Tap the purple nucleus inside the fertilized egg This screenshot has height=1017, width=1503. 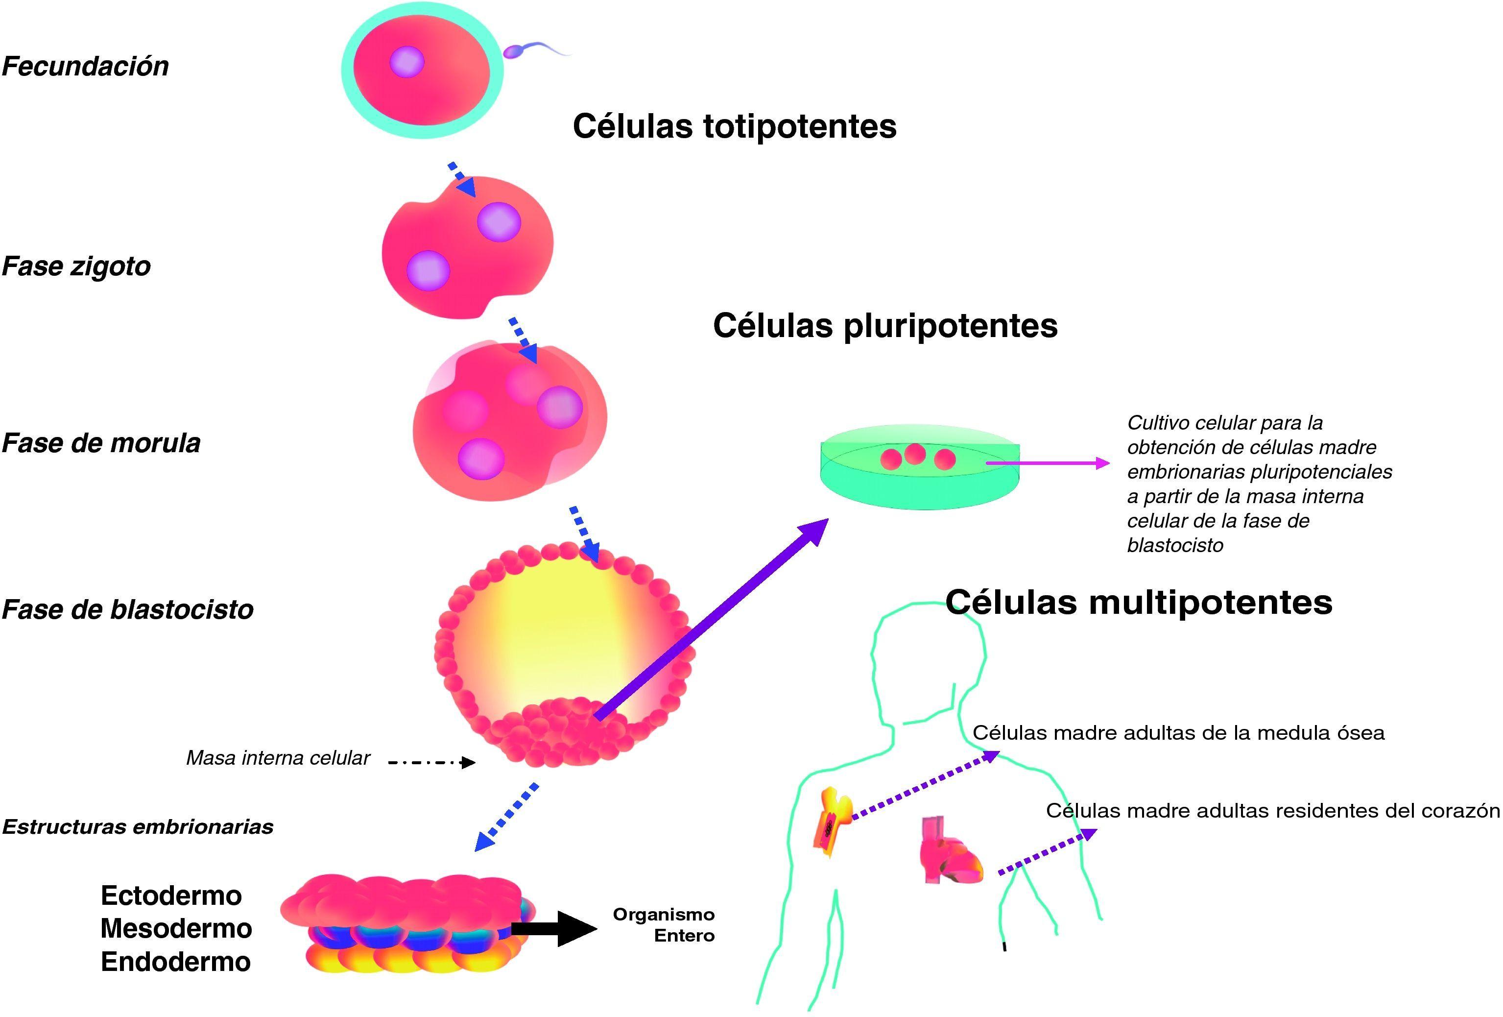(407, 63)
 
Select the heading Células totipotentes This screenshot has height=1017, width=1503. (734, 126)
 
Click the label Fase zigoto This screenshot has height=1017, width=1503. (76, 266)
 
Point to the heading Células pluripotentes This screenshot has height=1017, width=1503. (885, 325)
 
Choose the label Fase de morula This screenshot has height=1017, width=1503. (101, 444)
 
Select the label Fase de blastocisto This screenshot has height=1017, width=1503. (127, 609)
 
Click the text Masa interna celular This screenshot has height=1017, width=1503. (278, 758)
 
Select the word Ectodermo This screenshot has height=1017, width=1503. (171, 896)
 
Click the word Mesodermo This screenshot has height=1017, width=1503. (176, 929)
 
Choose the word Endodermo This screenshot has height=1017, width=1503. (175, 962)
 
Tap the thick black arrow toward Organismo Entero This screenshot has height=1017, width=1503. (553, 929)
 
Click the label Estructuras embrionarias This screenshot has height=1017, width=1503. (138, 827)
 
